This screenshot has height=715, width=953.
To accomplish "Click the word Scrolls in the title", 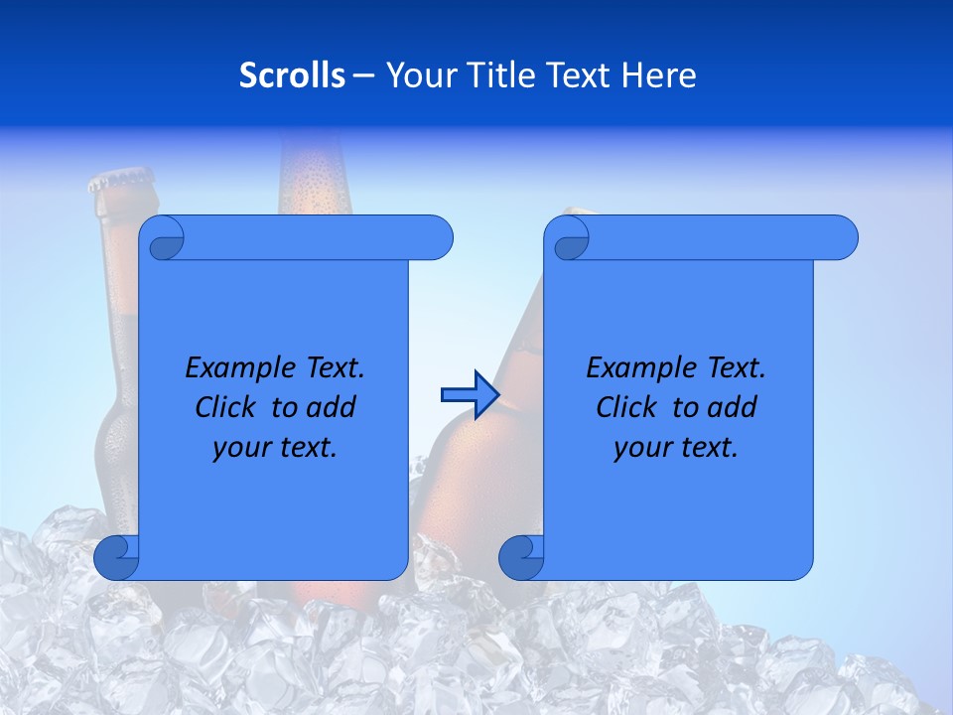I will click(292, 75).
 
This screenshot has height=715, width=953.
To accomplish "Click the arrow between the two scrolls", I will click(470, 395).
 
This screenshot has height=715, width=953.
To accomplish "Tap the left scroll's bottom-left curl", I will click(117, 557).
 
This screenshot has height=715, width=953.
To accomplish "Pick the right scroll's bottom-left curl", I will click(521, 557).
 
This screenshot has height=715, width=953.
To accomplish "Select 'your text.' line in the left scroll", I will click(275, 448).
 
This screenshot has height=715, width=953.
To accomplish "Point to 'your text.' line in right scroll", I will click(676, 448).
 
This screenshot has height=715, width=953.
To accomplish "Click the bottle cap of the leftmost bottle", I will click(122, 182).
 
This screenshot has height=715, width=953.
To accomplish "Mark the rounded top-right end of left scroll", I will click(437, 238).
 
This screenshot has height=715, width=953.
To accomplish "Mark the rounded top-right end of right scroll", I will click(842, 238).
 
